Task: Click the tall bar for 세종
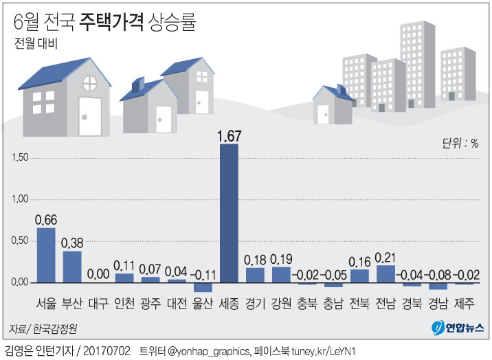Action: tap(229, 213)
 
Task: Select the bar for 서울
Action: tap(46, 255)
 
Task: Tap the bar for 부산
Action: tap(72, 267)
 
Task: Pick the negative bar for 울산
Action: tap(203, 287)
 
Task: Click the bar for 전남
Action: tap(385, 273)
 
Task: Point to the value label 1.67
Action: tap(229, 135)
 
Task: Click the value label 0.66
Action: tap(46, 220)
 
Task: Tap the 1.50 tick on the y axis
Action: tap(21, 157)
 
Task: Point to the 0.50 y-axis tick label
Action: tap(21, 240)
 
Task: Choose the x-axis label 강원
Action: tap(281, 303)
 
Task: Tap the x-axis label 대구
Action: tap(98, 303)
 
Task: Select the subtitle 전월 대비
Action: tap(36, 45)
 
